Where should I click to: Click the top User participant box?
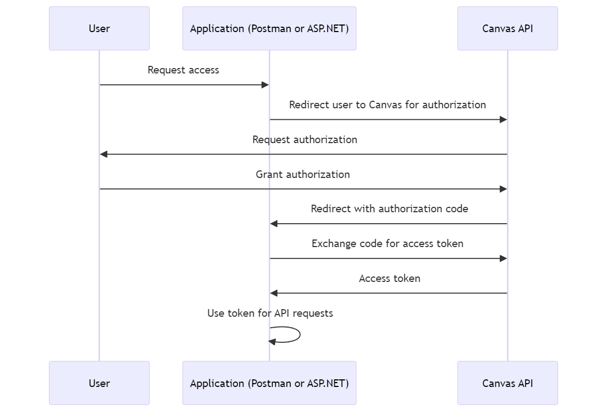pyautogui.click(x=99, y=28)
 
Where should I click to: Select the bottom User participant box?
pyautogui.click(x=99, y=383)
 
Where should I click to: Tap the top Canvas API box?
pyautogui.click(x=507, y=28)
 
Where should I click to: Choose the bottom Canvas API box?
pyautogui.click(x=507, y=383)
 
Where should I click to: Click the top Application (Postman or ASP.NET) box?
pyautogui.click(x=269, y=28)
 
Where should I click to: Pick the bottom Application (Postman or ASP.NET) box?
pyautogui.click(x=269, y=383)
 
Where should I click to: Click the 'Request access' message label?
pyautogui.click(x=183, y=70)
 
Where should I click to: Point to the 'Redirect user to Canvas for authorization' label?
pyautogui.click(x=387, y=105)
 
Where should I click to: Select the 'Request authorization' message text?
pyautogui.click(x=305, y=140)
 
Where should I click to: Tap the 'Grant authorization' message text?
pyautogui.click(x=303, y=175)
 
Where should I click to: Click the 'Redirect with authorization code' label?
pyautogui.click(x=389, y=209)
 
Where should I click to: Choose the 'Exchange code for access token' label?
pyautogui.click(x=387, y=244)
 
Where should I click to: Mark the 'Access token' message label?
pyautogui.click(x=389, y=279)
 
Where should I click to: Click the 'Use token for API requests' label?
pyautogui.click(x=270, y=313)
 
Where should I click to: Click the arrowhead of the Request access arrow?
pyautogui.click(x=265, y=85)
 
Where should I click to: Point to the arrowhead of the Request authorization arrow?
pyautogui.click(x=104, y=155)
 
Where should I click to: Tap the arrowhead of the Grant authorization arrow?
pyautogui.click(x=504, y=189)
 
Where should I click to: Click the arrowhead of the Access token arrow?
pyautogui.click(x=274, y=293)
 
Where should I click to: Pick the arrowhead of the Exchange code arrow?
pyautogui.click(x=504, y=259)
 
